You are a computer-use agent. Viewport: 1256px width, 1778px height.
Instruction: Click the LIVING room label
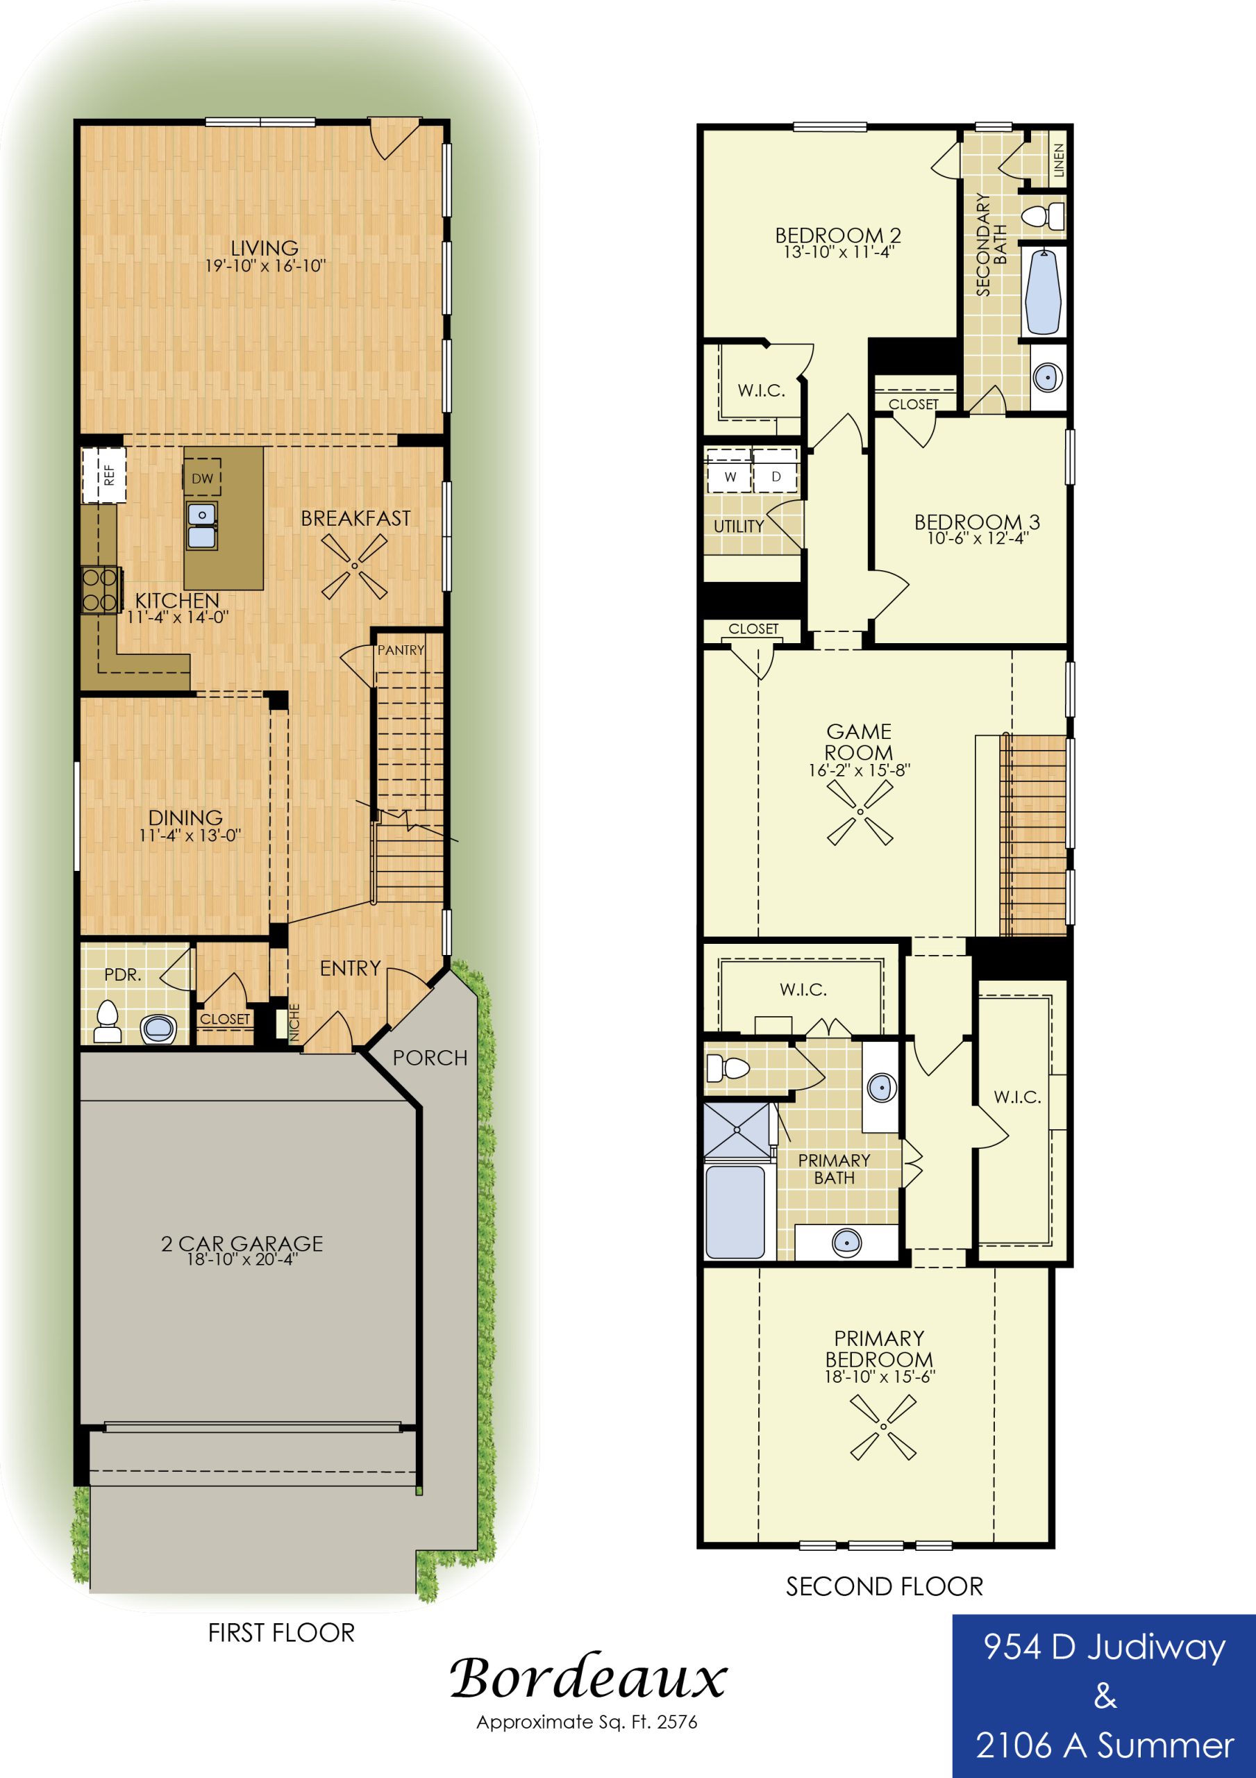[x=265, y=249]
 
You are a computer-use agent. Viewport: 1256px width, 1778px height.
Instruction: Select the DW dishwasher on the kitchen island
[x=202, y=478]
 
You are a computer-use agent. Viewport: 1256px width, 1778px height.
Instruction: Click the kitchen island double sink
[x=201, y=525]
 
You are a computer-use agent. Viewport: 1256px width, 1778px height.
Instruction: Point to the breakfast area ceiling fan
[x=355, y=566]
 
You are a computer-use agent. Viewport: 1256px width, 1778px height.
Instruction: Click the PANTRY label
[x=401, y=649]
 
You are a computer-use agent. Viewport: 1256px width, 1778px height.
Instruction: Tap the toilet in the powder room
[x=107, y=1022]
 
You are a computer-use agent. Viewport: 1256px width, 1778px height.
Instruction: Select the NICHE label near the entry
[x=294, y=1022]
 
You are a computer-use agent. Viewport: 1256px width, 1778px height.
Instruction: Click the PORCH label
[x=430, y=1058]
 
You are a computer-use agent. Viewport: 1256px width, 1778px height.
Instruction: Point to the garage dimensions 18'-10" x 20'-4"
[x=242, y=1260]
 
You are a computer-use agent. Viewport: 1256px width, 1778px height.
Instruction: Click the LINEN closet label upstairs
[x=1060, y=160]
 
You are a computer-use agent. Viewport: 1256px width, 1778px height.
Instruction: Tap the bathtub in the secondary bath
[x=1043, y=291]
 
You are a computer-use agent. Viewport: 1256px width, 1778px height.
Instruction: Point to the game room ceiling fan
[x=860, y=812]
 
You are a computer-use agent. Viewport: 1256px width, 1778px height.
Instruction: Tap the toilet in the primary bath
[x=727, y=1069]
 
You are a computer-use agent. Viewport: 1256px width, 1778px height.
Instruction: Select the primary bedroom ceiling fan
[x=882, y=1427]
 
